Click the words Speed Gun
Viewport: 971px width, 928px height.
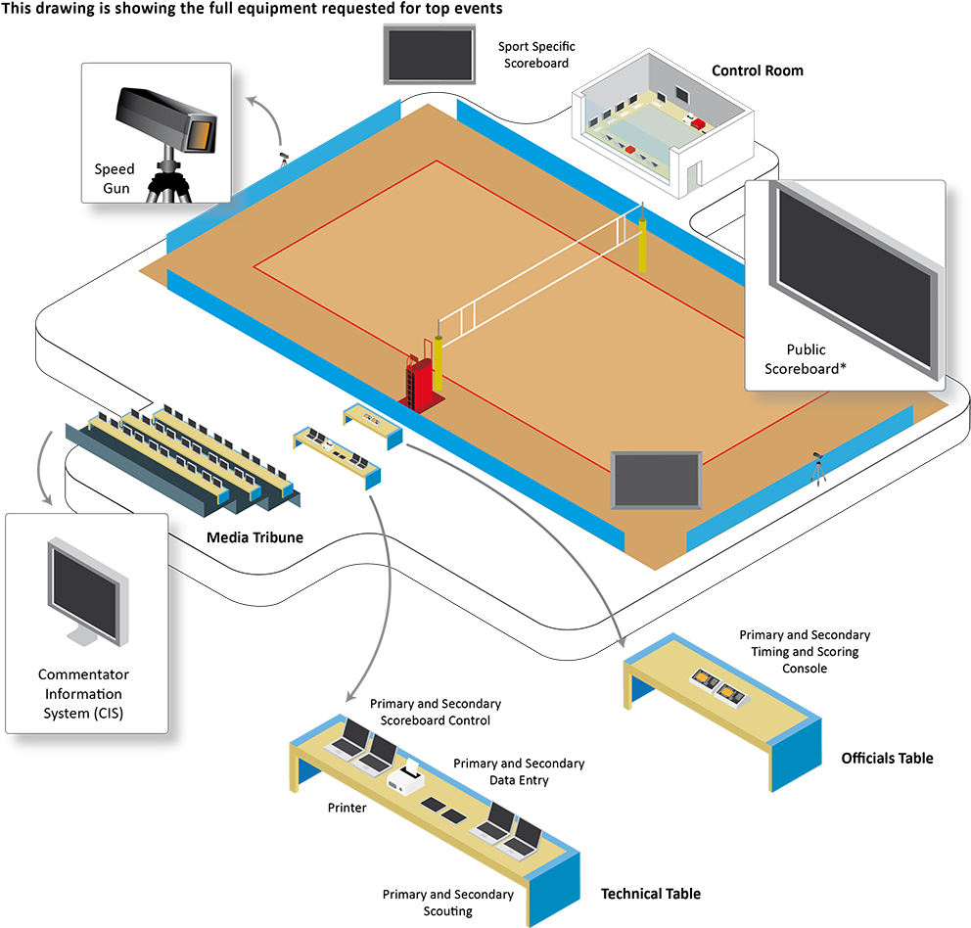[114, 178]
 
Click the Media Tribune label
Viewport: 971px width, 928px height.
[254, 537]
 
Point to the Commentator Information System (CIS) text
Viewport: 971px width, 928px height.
[85, 694]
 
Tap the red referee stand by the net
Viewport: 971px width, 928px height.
[420, 384]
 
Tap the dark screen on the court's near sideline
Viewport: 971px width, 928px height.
[657, 480]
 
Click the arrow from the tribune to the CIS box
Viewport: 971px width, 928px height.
[45, 468]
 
